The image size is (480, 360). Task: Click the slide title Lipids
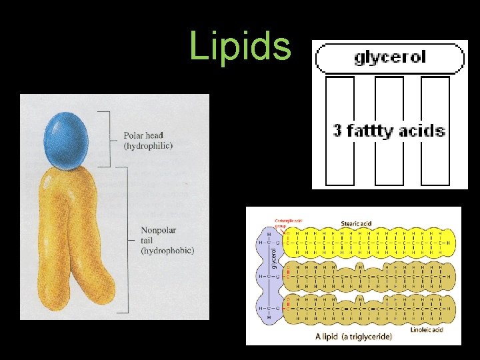pyautogui.click(x=240, y=46)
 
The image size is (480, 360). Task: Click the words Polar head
pyautogui.click(x=143, y=136)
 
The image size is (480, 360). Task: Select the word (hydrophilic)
pyautogui.click(x=148, y=145)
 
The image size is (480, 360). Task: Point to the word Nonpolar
pyautogui.click(x=159, y=231)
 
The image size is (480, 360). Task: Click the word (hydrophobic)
pyautogui.click(x=167, y=251)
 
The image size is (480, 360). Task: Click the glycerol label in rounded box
pyautogui.click(x=390, y=57)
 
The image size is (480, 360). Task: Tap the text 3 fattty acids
pyautogui.click(x=389, y=130)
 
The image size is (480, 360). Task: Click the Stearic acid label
pyautogui.click(x=356, y=224)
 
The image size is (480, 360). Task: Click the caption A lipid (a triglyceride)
pyautogui.click(x=353, y=337)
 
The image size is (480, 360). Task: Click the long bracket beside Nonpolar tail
pyautogui.click(x=127, y=239)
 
